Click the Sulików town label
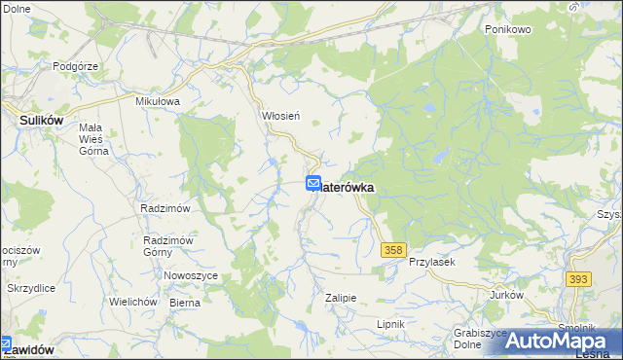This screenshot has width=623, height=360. [x=42, y=120]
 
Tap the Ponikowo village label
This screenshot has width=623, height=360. [x=507, y=29]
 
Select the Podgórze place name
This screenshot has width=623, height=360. [x=73, y=66]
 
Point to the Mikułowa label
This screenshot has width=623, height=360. [x=159, y=101]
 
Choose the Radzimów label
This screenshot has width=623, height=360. [x=165, y=208]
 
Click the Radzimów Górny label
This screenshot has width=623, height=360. [x=170, y=247]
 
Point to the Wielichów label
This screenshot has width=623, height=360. [x=133, y=302]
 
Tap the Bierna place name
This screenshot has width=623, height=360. [x=185, y=303]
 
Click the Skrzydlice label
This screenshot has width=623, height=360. [x=31, y=289]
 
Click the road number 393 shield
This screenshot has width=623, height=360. [x=578, y=279]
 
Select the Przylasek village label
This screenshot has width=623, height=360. [x=432, y=263]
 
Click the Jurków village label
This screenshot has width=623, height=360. [x=506, y=295]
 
